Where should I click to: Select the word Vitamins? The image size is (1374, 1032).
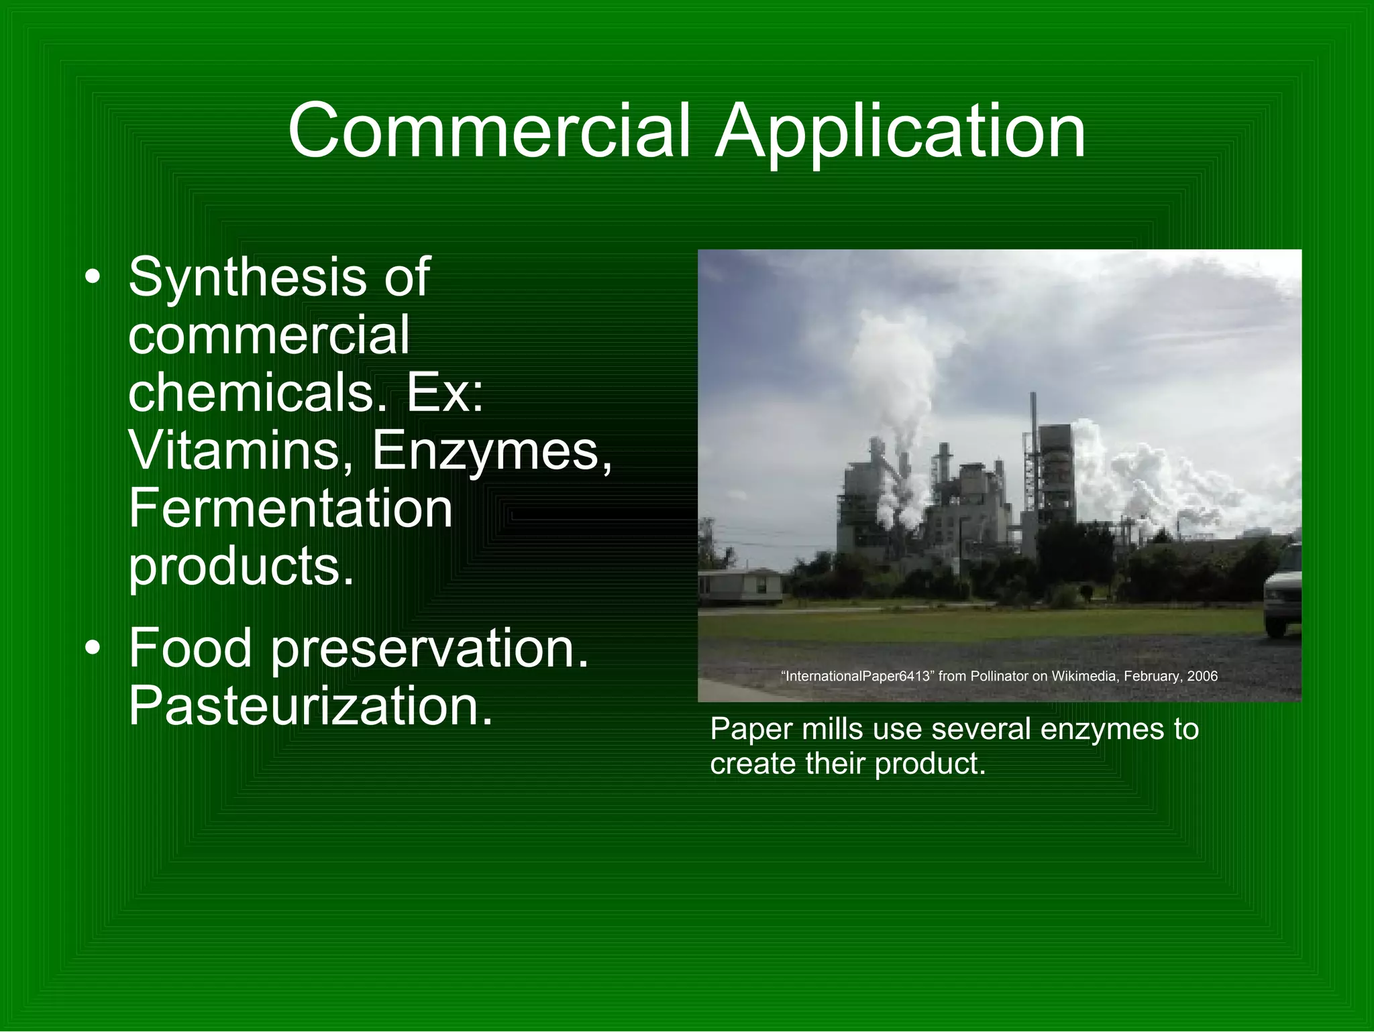235,450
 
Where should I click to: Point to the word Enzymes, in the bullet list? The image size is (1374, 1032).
492,451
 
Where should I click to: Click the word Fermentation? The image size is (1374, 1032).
290,508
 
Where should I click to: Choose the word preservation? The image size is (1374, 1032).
429,649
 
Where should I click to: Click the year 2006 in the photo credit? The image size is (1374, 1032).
1202,676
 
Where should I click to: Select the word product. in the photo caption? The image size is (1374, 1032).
931,764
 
